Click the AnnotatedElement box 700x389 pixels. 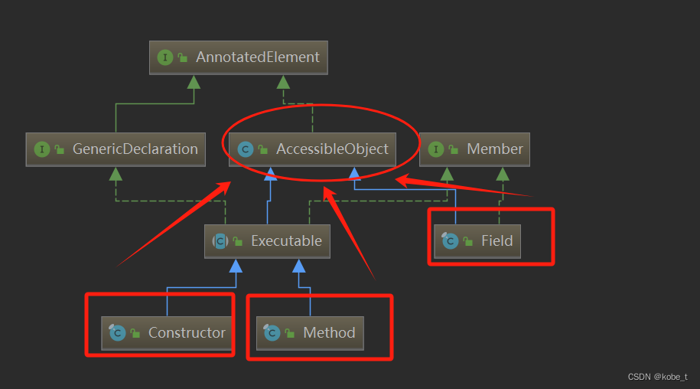coord(238,57)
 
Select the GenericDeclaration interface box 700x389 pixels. coord(116,149)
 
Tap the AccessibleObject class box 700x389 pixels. coord(313,149)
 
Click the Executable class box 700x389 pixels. coord(268,241)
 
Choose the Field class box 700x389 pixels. coord(477,241)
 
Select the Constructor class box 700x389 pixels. coord(167,332)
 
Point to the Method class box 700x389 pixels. coord(310,332)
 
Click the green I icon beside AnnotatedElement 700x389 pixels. coord(164,57)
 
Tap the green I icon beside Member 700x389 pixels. coord(436,149)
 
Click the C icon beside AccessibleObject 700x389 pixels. coord(245,149)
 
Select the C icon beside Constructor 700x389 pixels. coord(117,332)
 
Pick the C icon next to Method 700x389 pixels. coord(272,332)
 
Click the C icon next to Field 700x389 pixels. coord(450,241)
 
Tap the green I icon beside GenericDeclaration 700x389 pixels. coord(41,149)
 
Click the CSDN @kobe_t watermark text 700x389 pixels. coord(657,377)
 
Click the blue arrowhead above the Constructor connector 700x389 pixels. coord(236,266)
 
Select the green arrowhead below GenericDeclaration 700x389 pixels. coord(116,174)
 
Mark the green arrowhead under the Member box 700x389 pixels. coord(503,174)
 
